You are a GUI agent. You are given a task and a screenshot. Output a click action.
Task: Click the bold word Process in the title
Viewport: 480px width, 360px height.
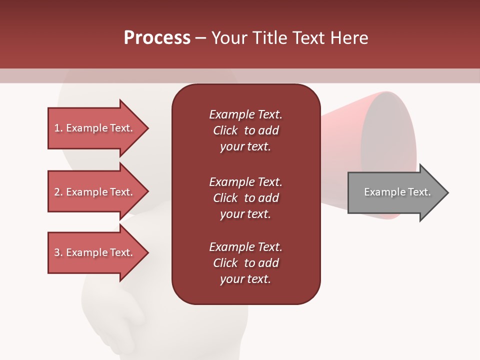click(x=157, y=38)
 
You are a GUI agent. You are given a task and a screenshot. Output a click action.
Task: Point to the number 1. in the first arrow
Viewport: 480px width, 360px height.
click(x=58, y=128)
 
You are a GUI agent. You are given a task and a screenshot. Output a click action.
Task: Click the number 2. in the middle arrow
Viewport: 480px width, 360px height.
click(x=58, y=192)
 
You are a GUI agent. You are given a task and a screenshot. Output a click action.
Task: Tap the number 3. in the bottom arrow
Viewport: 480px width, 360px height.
click(x=58, y=252)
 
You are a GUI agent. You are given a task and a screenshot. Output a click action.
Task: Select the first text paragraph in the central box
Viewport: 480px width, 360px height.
click(x=245, y=130)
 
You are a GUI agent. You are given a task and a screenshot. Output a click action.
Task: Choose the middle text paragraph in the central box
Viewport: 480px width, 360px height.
click(x=245, y=198)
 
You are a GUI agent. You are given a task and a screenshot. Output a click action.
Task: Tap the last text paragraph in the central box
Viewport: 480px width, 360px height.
click(x=245, y=263)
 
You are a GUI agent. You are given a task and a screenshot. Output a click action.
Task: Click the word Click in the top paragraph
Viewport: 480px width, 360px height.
click(x=225, y=130)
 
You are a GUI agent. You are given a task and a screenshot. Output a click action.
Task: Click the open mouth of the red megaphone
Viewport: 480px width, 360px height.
click(x=389, y=150)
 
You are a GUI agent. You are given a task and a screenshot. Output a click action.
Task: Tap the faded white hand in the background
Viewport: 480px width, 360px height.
click(x=120, y=320)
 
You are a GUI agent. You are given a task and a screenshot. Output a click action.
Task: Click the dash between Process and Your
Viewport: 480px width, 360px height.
click(x=200, y=38)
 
